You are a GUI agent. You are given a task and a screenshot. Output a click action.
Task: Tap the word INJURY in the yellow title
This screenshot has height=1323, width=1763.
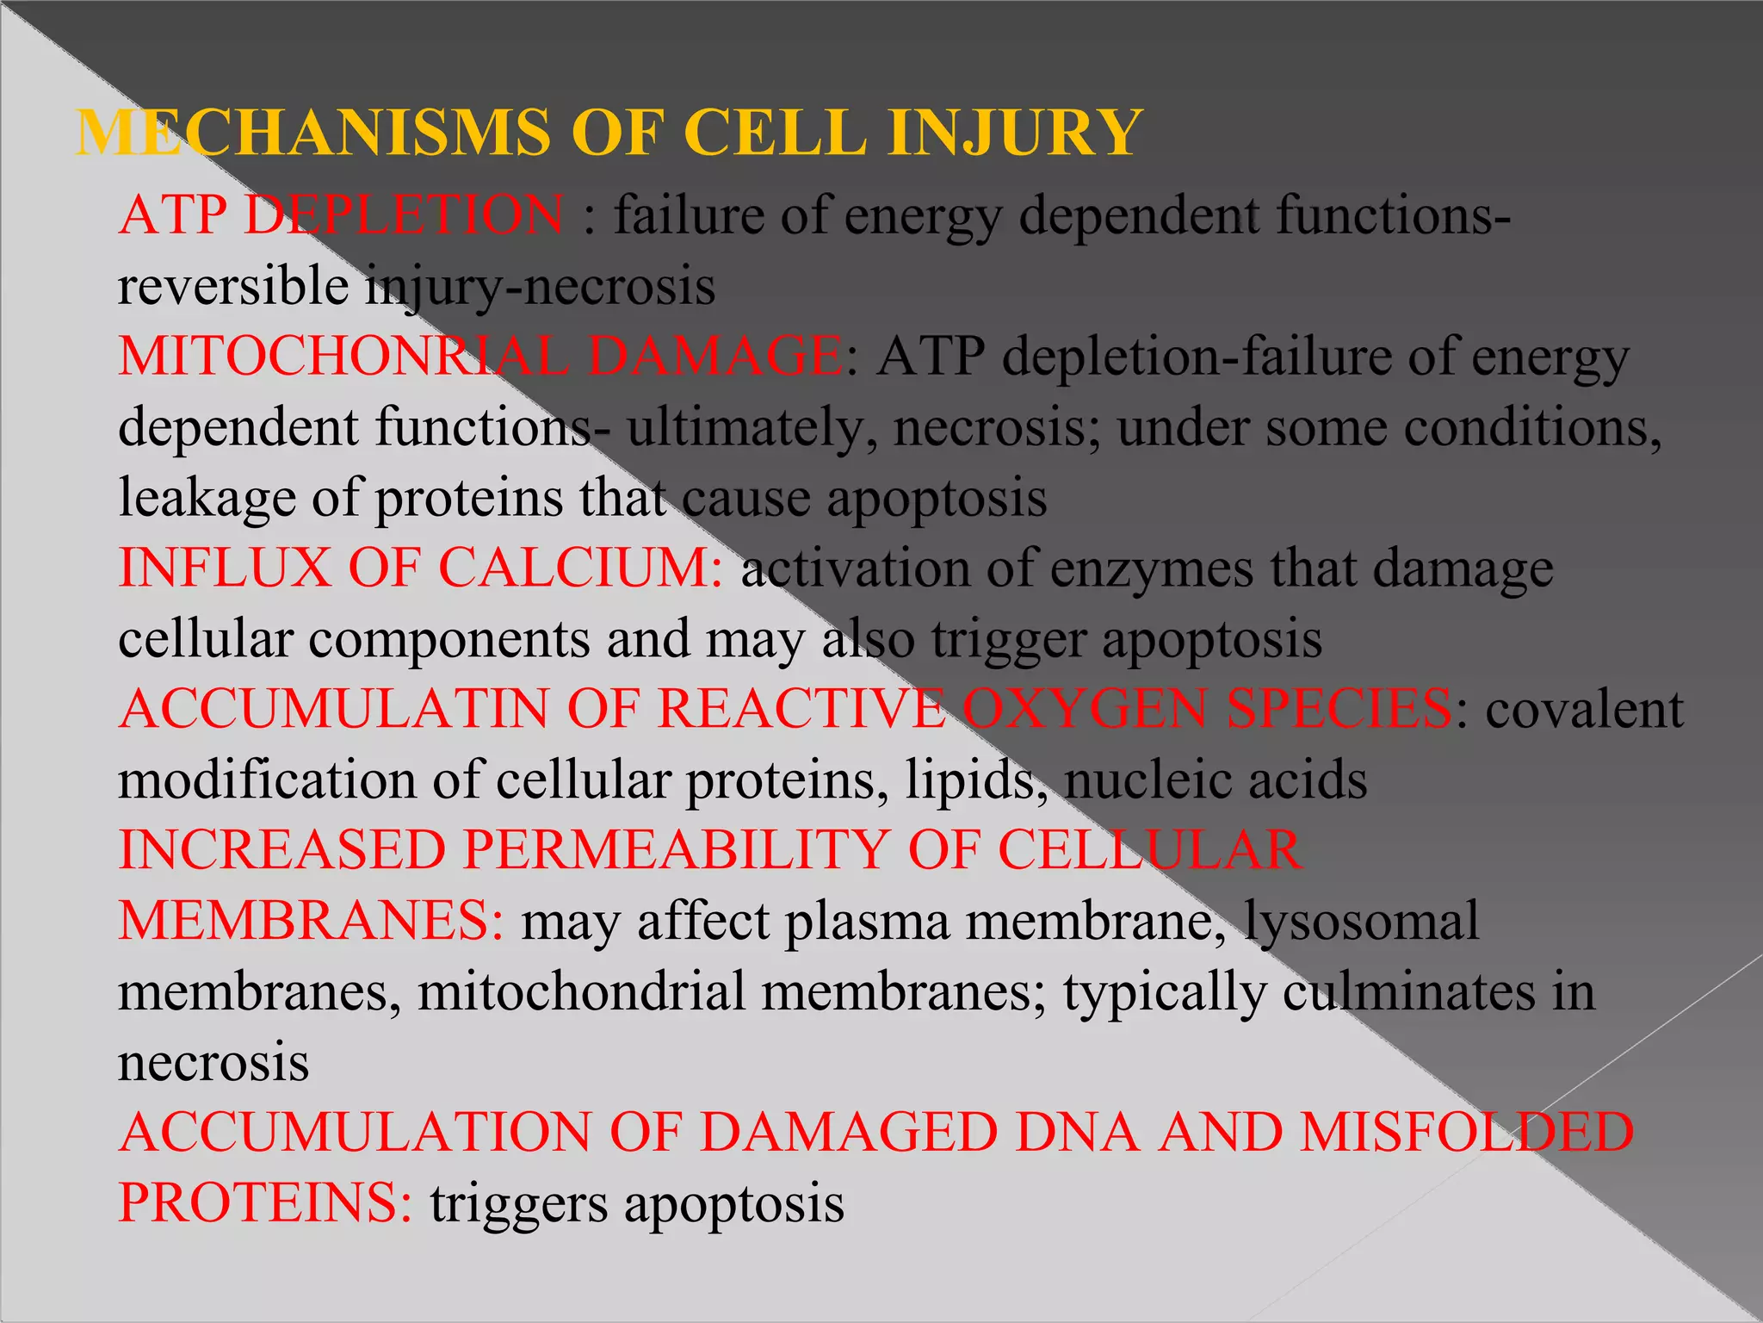[x=1016, y=134]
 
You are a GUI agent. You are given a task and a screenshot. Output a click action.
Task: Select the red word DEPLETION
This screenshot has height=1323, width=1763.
[x=405, y=214]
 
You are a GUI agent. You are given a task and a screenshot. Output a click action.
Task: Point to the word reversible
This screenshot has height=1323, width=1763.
[x=233, y=285]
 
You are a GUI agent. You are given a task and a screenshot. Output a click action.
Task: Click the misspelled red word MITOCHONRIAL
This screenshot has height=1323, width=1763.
[x=343, y=356]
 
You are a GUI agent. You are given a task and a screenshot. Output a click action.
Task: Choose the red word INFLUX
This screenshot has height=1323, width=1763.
[x=225, y=568]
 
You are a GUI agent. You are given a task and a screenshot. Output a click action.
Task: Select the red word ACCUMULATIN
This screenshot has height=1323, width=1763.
[x=335, y=710]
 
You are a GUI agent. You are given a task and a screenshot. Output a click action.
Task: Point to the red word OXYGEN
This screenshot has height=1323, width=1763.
[x=1086, y=710]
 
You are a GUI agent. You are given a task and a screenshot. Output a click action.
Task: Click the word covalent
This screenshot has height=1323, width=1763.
[x=1584, y=710]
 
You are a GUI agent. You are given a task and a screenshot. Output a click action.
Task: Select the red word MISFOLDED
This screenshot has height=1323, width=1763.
[x=1467, y=1133]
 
